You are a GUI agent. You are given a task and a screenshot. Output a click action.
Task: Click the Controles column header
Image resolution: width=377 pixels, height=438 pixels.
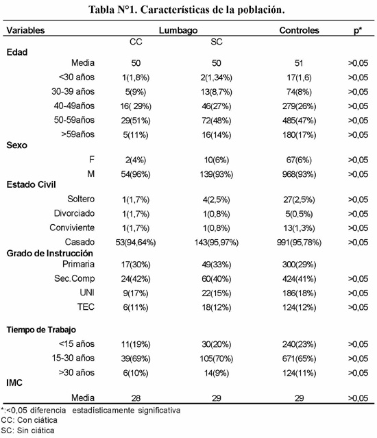tap(299, 30)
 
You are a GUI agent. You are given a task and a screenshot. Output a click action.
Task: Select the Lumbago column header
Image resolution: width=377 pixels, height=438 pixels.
tap(178, 30)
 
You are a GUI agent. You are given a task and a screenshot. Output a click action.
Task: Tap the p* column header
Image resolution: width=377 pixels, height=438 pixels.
tap(357, 30)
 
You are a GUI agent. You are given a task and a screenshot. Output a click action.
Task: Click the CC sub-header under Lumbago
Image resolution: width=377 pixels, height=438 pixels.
tap(136, 42)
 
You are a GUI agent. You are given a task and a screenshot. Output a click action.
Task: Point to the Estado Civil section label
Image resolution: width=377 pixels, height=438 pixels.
tap(32, 184)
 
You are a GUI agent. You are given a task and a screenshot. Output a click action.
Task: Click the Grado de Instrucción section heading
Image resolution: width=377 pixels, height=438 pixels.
tap(50, 253)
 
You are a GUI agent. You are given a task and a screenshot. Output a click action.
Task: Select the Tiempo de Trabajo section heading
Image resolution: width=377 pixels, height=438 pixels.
tap(41, 330)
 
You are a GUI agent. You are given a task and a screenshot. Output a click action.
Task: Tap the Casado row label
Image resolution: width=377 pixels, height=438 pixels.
tap(80, 242)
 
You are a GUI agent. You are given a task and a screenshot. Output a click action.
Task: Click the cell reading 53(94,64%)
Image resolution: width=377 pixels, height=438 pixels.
tap(136, 242)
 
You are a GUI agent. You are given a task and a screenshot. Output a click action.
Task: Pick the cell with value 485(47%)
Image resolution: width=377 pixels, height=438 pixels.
tap(299, 121)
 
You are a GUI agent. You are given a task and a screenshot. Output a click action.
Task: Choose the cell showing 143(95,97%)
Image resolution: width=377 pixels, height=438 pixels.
tap(217, 242)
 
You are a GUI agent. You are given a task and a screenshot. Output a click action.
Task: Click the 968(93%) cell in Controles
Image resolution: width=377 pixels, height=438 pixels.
tap(299, 174)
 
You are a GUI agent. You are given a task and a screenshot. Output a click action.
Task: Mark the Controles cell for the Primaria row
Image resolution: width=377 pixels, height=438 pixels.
tap(299, 265)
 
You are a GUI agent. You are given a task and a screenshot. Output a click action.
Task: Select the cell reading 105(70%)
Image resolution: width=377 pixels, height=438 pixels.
tap(217, 358)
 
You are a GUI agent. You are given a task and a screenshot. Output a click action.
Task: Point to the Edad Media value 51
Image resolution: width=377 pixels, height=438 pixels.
tap(299, 63)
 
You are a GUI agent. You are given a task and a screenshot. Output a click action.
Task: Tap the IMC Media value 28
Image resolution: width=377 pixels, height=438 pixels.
tap(136, 398)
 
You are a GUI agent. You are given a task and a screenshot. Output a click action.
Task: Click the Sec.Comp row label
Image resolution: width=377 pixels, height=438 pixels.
tap(74, 279)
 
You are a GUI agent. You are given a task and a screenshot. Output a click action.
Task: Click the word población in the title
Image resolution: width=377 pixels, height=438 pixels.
tap(261, 10)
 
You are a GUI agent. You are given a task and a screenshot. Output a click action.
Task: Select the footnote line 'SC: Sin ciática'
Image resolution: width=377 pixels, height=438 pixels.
tap(27, 430)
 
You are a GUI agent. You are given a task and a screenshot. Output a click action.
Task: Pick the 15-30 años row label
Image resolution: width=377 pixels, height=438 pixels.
tap(73, 358)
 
